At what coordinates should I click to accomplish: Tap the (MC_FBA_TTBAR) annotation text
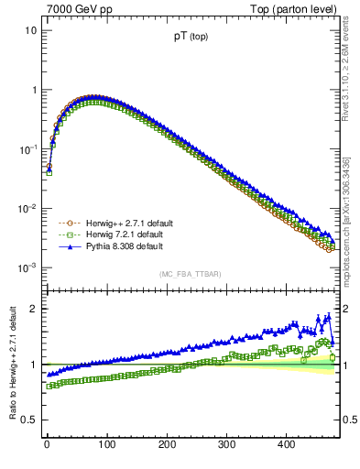191,274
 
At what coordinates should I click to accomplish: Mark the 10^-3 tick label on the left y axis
27,267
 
